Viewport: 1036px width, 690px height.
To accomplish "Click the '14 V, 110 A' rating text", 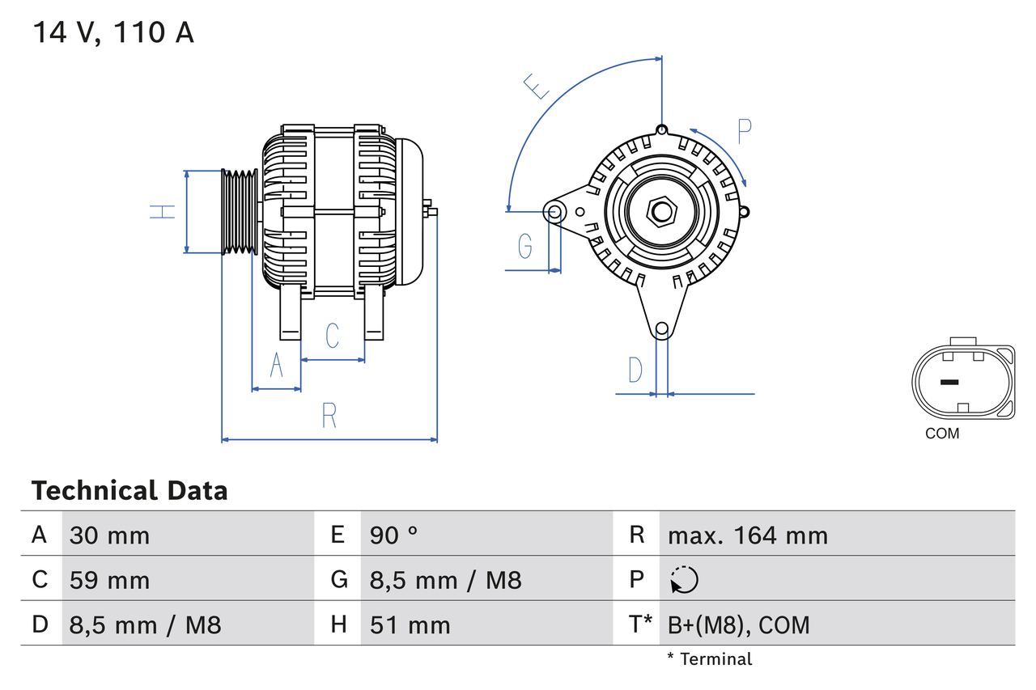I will click(x=113, y=33).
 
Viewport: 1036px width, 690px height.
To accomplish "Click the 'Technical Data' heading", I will click(x=129, y=491).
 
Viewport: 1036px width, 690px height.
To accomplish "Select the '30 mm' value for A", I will click(x=109, y=535).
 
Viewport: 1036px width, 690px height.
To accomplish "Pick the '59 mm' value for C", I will click(x=109, y=580).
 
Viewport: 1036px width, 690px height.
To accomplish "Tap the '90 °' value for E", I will click(x=394, y=535).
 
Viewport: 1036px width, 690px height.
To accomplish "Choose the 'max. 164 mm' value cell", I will click(x=747, y=535).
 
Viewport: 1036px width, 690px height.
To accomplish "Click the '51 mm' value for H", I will click(x=410, y=624).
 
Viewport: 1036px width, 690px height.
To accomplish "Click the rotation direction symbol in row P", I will click(x=684, y=580).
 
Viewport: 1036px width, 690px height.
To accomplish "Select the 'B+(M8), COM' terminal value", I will click(x=738, y=624).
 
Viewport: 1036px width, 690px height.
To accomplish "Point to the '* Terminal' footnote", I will click(x=709, y=659).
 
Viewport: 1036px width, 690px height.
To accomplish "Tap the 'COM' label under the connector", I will click(x=942, y=434).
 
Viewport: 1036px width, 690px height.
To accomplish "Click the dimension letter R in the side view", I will click(x=329, y=415).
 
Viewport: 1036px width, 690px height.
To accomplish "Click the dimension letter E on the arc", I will click(x=536, y=86).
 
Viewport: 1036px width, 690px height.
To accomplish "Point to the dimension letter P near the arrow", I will click(x=744, y=131).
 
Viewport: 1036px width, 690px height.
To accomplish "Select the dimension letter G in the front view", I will click(x=524, y=245).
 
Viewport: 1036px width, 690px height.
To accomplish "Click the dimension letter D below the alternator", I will click(x=635, y=370).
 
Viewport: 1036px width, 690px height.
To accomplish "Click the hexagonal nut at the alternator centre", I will click(x=662, y=212).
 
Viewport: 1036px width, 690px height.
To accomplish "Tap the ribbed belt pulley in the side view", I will click(x=240, y=211).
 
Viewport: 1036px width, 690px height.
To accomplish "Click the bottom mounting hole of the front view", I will click(x=662, y=328).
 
